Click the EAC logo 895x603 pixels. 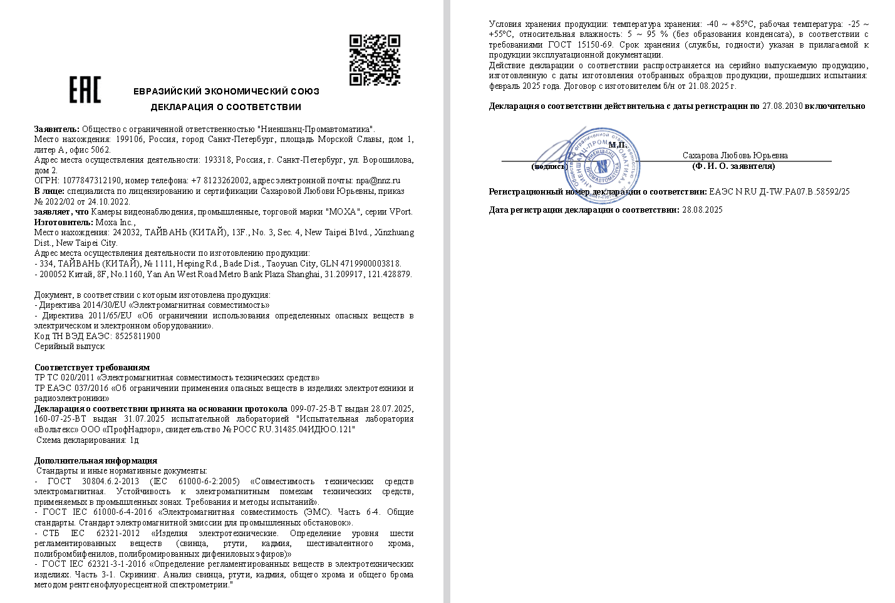coord(85,89)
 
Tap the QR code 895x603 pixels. coord(375,59)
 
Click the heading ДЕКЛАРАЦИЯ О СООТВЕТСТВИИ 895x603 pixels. coord(226,107)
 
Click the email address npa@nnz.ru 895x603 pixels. coord(378,181)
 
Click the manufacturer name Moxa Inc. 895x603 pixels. coord(115,222)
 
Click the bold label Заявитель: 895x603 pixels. coord(57,129)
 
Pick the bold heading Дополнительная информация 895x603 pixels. coord(96,460)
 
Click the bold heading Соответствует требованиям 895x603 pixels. coord(92,367)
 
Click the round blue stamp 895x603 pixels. coord(603,165)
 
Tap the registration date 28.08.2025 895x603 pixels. coord(702,210)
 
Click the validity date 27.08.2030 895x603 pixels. coord(782,106)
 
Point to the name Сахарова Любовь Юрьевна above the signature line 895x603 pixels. coord(735,155)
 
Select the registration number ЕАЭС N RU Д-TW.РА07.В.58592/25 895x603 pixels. coord(779,192)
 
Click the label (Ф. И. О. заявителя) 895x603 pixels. coord(733,166)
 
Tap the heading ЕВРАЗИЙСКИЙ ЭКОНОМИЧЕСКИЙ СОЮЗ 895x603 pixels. coord(226,91)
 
